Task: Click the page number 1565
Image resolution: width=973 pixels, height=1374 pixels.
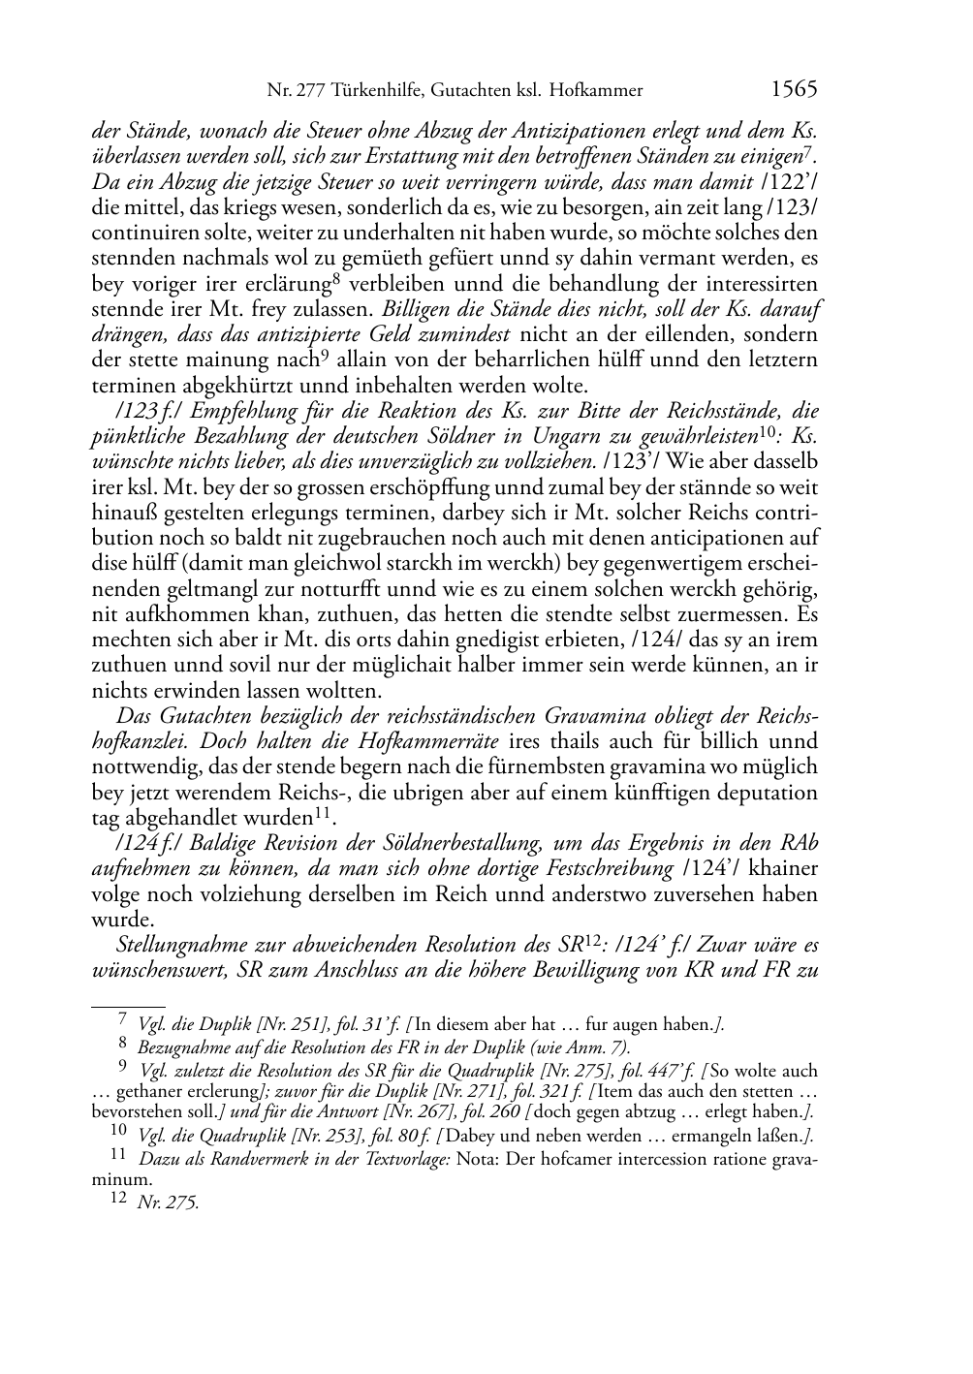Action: [795, 90]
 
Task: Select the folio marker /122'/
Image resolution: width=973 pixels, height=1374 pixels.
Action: [789, 181]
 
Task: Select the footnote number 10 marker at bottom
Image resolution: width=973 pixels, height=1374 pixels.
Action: [117, 1135]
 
